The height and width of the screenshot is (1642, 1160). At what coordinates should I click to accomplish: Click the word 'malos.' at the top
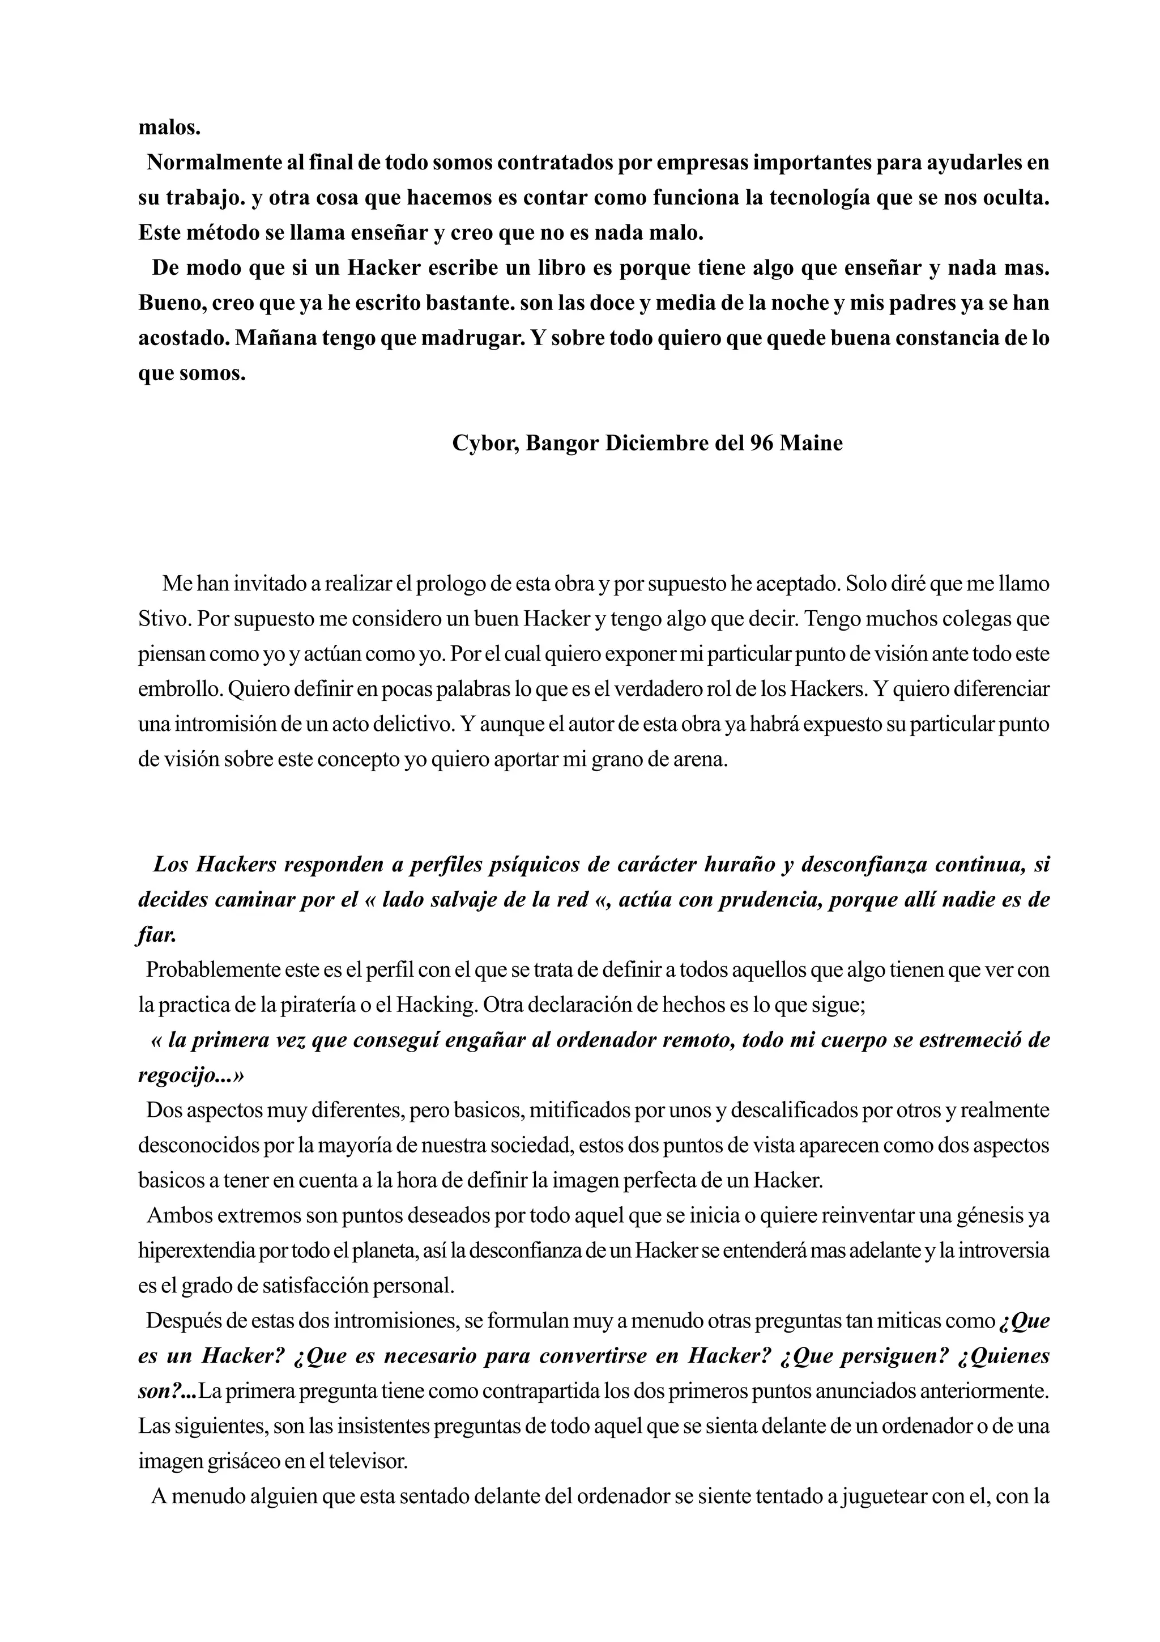click(169, 128)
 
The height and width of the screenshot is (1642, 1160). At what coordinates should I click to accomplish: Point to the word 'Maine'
click(811, 444)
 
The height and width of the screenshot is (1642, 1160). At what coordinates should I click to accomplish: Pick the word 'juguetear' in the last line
click(884, 1496)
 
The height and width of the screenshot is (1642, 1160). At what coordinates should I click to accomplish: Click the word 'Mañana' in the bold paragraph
click(276, 338)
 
